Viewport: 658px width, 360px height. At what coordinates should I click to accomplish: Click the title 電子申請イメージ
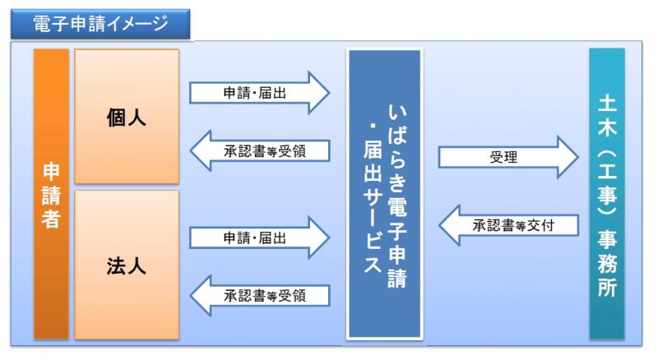98,23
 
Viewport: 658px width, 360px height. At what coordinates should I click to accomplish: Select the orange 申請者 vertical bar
51,194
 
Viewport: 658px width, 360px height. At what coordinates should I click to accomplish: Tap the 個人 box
126,117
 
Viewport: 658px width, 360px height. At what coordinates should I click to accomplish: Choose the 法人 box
126,265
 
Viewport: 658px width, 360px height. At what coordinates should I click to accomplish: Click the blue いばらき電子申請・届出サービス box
384,194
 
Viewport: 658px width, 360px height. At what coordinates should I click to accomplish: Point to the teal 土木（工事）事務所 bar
606,194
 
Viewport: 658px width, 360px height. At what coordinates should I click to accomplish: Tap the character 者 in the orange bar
51,219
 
